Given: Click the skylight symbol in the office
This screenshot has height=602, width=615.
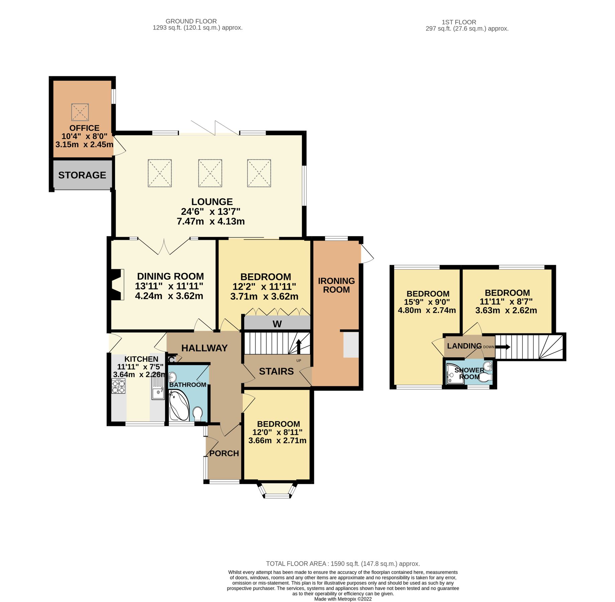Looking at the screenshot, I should pyautogui.click(x=80, y=112).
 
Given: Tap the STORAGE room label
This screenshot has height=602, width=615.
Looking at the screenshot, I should pyautogui.click(x=82, y=175).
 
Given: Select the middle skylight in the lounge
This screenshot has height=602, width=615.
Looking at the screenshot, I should pyautogui.click(x=210, y=173).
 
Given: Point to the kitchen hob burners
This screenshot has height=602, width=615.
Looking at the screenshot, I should pyautogui.click(x=118, y=387).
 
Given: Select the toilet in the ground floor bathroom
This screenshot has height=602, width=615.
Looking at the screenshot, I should pyautogui.click(x=198, y=413).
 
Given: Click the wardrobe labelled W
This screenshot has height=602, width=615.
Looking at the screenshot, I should pyautogui.click(x=277, y=323).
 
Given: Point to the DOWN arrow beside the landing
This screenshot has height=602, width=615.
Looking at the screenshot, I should pyautogui.click(x=503, y=347).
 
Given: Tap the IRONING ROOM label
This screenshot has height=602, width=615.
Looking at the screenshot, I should pyautogui.click(x=336, y=285).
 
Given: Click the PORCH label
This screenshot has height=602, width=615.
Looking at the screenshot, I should pyautogui.click(x=224, y=453).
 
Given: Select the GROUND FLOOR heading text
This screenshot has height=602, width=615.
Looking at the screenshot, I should pyautogui.click(x=191, y=21).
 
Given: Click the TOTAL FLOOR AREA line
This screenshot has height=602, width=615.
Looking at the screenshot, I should pyautogui.click(x=343, y=564).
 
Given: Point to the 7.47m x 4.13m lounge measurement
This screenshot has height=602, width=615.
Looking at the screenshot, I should pyautogui.click(x=211, y=221).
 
